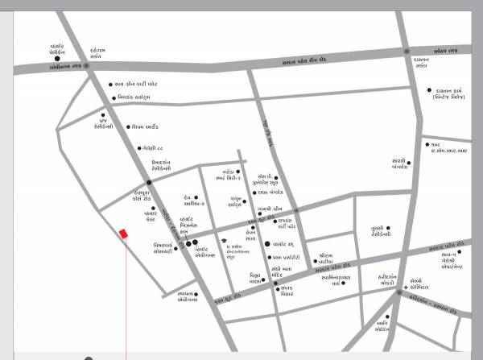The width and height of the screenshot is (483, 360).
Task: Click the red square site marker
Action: [x=123, y=234]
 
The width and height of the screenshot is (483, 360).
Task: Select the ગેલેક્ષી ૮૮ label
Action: [x=155, y=148]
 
